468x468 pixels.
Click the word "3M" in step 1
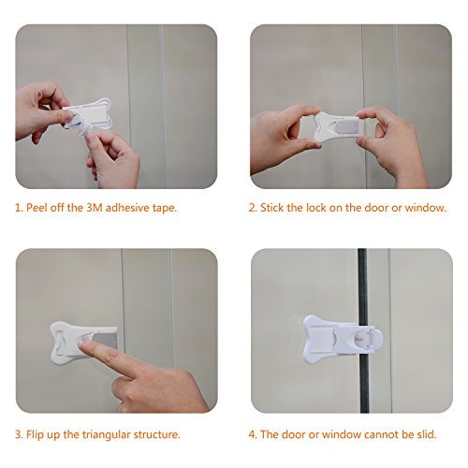pyautogui.click(x=95, y=208)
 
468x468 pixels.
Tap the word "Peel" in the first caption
pyautogui.click(x=37, y=208)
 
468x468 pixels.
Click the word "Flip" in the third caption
pyautogui.click(x=35, y=434)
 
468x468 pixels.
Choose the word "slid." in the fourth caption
pyautogui.click(x=427, y=434)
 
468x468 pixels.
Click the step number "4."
pyautogui.click(x=253, y=434)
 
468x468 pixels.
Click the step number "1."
pyautogui.click(x=19, y=208)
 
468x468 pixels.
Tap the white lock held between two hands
pyautogui.click(x=337, y=126)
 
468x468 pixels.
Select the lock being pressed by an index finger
pyautogui.click(x=82, y=343)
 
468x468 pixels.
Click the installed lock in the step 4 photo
pyautogui.click(x=343, y=340)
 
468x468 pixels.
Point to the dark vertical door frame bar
pyautogui.click(x=363, y=330)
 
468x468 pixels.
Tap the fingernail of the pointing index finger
pyautogui.click(x=82, y=344)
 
